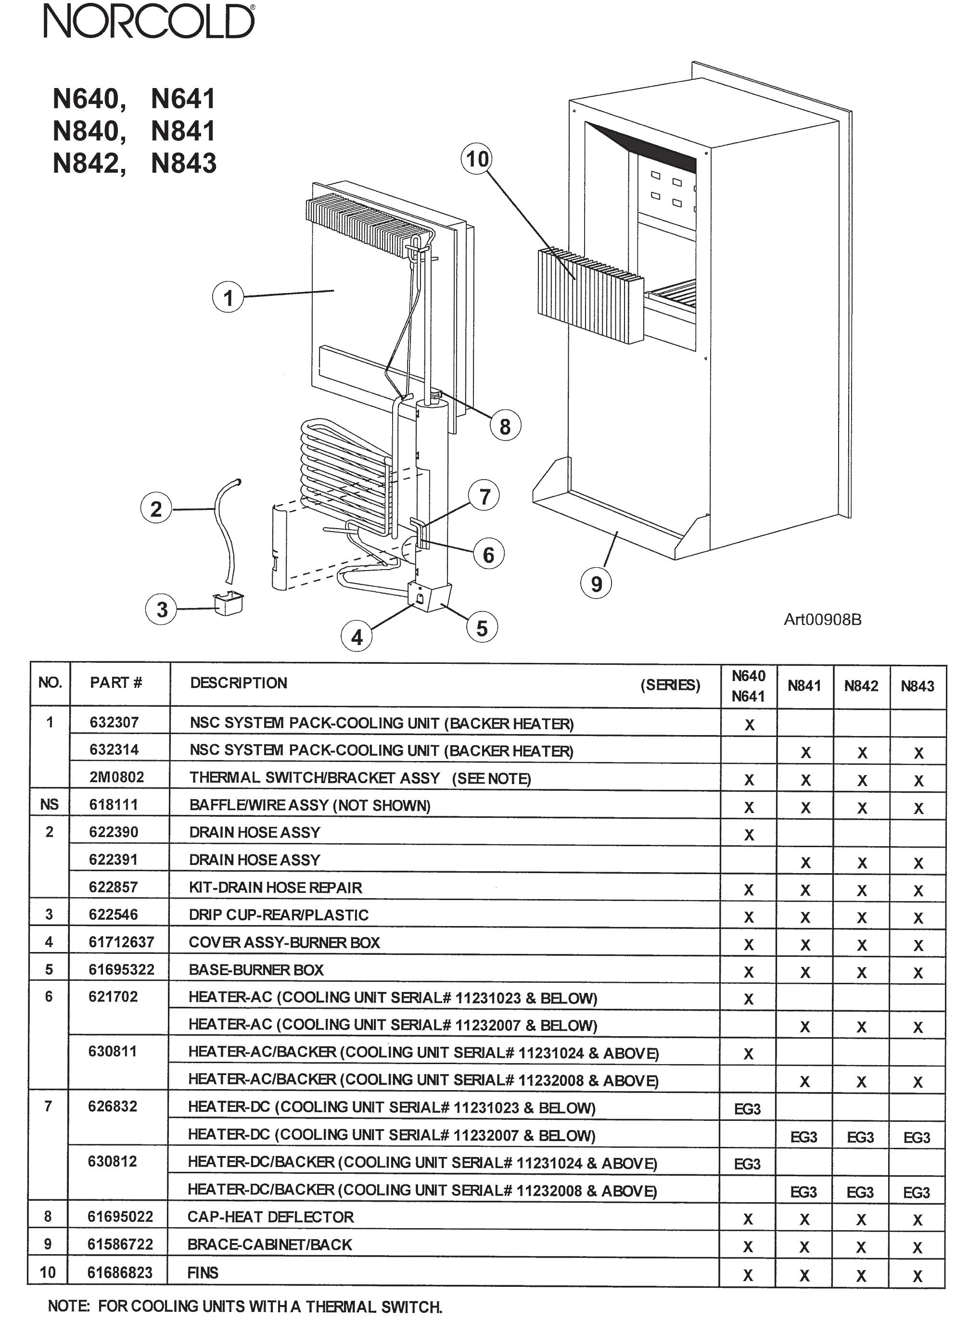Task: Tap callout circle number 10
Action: click(x=476, y=158)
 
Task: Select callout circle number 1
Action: click(x=228, y=298)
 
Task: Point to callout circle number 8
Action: click(x=505, y=426)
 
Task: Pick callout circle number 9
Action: click(x=596, y=583)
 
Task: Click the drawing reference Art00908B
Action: click(x=822, y=619)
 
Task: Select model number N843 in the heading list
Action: click(x=183, y=164)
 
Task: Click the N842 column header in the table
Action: click(x=861, y=686)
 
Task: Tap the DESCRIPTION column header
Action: click(x=238, y=683)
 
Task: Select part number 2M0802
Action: click(x=116, y=777)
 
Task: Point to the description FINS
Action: click(x=203, y=1272)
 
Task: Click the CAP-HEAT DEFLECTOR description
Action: click(x=270, y=1217)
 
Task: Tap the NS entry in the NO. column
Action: click(x=49, y=804)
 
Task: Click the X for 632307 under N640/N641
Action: click(x=749, y=724)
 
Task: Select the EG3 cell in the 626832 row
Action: click(x=748, y=1108)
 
